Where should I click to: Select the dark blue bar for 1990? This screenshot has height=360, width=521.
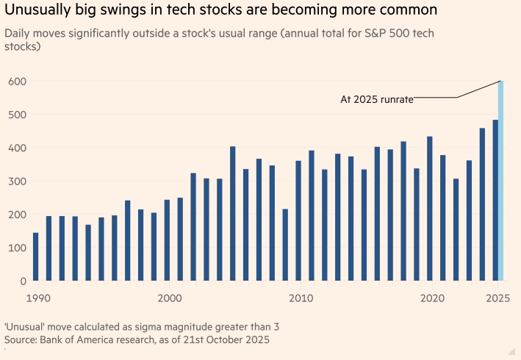[35, 256]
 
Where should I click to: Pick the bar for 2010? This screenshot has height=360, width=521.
[298, 220]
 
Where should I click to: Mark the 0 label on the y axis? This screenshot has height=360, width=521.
[24, 281]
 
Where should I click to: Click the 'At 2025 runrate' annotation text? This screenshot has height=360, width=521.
[376, 99]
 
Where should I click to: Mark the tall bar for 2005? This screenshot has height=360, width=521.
[232, 213]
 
